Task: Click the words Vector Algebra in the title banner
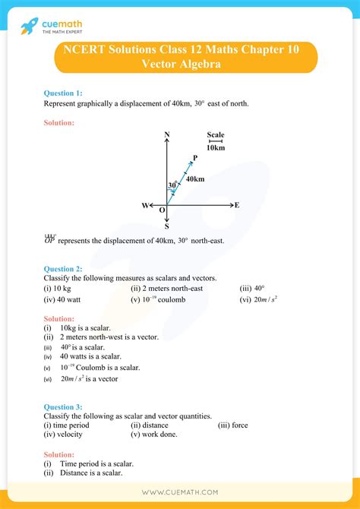point(180,65)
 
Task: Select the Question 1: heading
point(67,93)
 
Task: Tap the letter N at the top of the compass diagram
point(166,135)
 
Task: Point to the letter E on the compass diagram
point(237,205)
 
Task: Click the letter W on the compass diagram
point(144,206)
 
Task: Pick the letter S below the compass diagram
point(166,226)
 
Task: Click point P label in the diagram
point(195,157)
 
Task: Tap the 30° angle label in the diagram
point(173,185)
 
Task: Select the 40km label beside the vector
point(194,179)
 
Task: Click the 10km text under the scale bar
point(216,147)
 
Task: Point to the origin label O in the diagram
point(162,211)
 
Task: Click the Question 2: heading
point(67,269)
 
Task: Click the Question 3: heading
point(67,406)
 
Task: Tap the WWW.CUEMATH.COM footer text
point(180,493)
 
